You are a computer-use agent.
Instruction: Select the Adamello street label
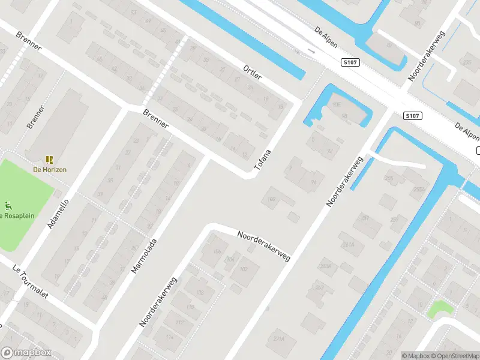point(58,214)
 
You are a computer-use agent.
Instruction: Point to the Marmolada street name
point(144,256)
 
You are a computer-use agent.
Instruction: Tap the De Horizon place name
point(50,170)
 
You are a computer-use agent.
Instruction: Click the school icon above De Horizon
point(49,160)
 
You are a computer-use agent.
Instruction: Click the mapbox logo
point(26,352)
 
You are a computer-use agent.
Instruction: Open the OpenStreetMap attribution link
point(455,356)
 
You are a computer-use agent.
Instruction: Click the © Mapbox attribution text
point(415,356)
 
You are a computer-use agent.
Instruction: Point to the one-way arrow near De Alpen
point(310,52)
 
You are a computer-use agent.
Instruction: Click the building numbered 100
point(272,198)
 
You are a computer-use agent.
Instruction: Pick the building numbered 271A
point(278,339)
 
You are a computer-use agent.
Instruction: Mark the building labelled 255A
point(418,190)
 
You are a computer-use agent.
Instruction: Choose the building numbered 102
point(244,269)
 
